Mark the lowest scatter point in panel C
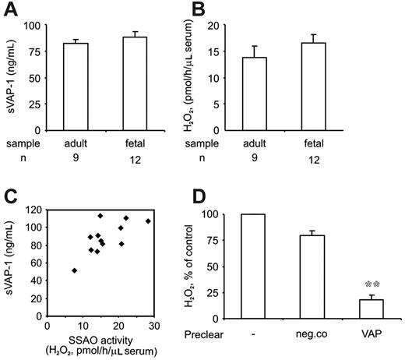tap(75, 270)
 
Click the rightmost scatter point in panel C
tap(148, 221)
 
